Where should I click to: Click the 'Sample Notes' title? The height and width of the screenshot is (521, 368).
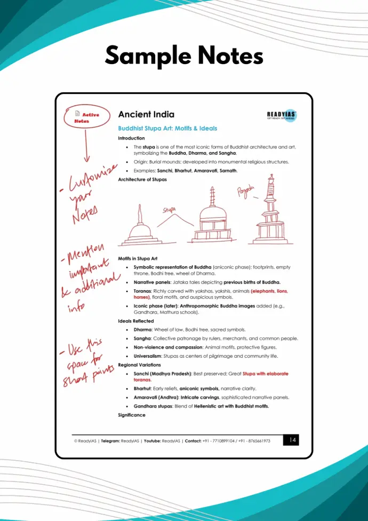tap(184, 56)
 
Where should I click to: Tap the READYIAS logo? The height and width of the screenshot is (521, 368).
tap(282, 116)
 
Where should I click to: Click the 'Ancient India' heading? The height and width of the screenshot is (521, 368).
tap(146, 115)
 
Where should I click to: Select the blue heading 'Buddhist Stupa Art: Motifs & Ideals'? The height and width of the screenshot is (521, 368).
tap(167, 129)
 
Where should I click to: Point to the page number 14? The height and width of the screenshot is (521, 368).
tap(291, 440)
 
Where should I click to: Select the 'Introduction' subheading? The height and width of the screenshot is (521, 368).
tap(131, 138)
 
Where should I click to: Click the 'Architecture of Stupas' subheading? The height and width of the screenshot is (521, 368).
tap(142, 179)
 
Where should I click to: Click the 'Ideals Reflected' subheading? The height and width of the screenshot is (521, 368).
tap(135, 321)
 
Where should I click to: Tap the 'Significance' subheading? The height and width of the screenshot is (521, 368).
tap(131, 415)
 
